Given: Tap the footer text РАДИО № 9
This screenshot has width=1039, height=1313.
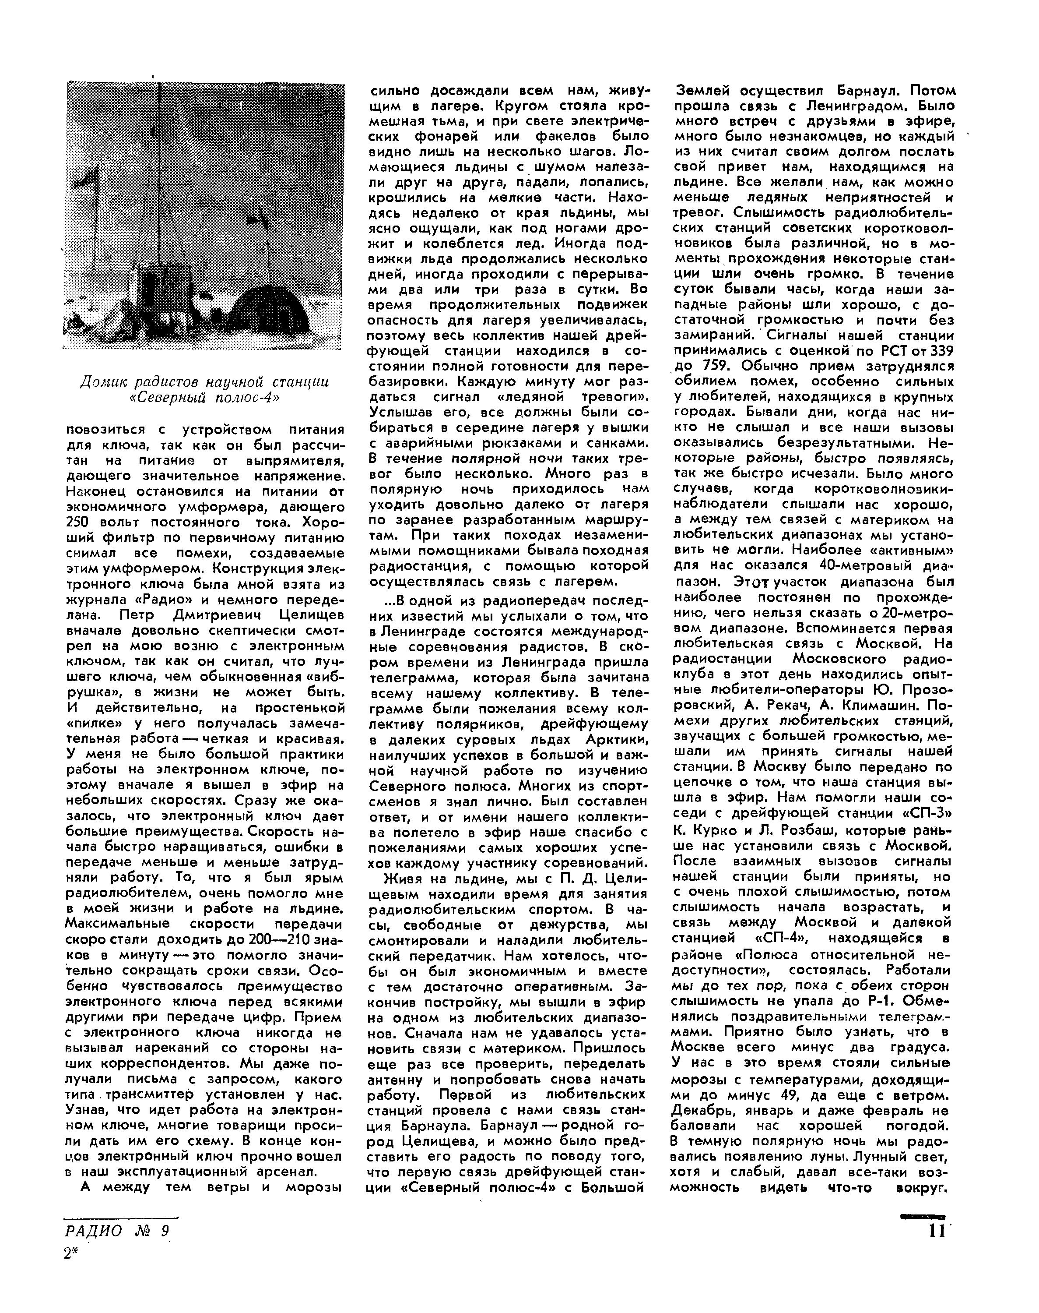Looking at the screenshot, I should [116, 1231].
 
